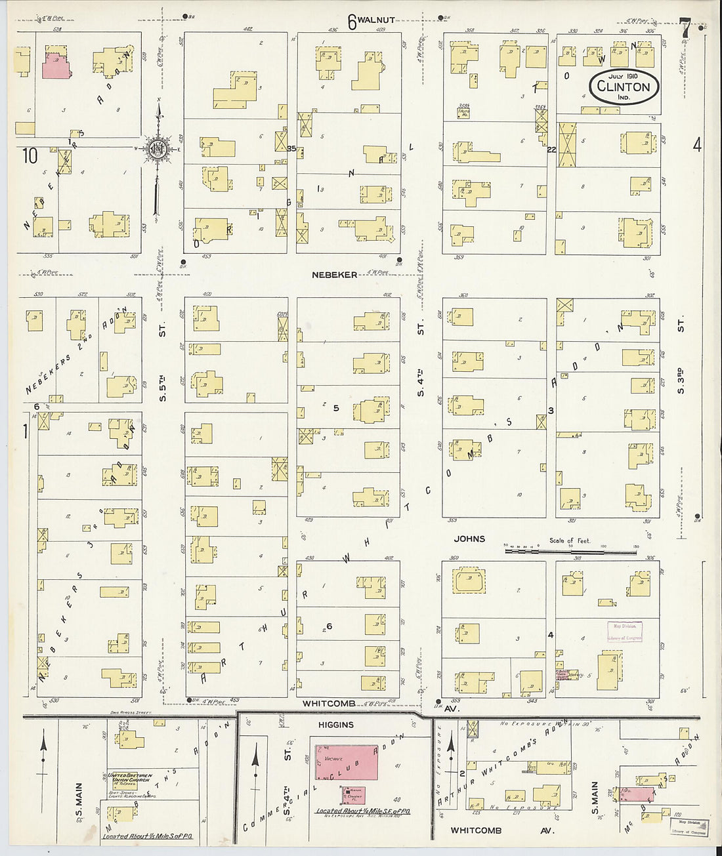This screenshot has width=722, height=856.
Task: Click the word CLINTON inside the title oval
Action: pos(624,87)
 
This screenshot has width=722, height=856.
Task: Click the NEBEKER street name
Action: pos(335,275)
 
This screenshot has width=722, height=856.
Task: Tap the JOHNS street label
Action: pos(469,539)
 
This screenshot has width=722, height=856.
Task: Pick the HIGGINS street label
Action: pos(336,725)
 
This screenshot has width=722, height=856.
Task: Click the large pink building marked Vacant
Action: pos(346,762)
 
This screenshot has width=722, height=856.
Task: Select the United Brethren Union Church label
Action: pos(130,778)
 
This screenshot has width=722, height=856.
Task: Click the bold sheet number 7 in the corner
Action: pos(685,29)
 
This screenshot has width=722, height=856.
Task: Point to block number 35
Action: pos(291,149)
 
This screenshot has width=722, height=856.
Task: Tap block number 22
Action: pos(551,150)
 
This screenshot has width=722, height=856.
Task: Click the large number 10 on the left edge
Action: pos(30,155)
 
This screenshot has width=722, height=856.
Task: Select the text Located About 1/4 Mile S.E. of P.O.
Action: pos(363,811)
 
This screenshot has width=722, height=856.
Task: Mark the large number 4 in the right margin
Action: pos(697,144)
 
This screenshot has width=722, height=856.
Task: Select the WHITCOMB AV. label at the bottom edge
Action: pos(502,830)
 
